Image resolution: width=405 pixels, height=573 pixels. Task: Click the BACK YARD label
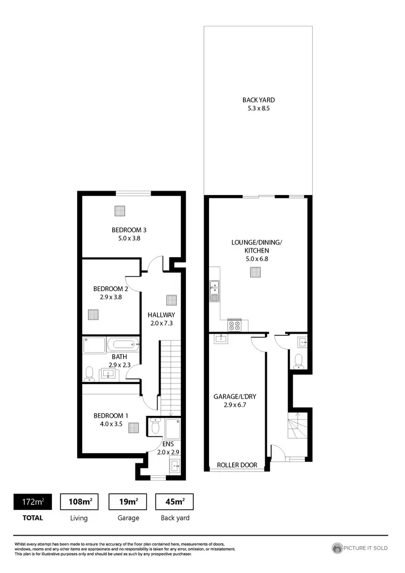tap(259, 100)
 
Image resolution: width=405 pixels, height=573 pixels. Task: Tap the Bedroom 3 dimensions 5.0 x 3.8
tap(130, 238)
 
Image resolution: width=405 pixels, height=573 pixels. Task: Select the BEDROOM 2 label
tap(111, 288)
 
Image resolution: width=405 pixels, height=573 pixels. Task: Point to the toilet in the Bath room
tap(90, 373)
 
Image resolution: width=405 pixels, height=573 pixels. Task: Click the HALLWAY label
tap(161, 314)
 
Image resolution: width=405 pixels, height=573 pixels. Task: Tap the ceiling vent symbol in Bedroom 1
tap(133, 428)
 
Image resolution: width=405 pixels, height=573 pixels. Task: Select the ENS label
tap(167, 443)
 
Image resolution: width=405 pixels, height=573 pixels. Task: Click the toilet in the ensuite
tap(156, 427)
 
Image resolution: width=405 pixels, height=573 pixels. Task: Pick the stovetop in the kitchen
tap(235, 325)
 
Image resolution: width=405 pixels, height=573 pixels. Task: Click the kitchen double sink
tap(214, 291)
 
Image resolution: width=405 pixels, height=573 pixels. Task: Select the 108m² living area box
tap(79, 502)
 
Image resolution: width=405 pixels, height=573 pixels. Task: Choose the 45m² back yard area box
tap(174, 502)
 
